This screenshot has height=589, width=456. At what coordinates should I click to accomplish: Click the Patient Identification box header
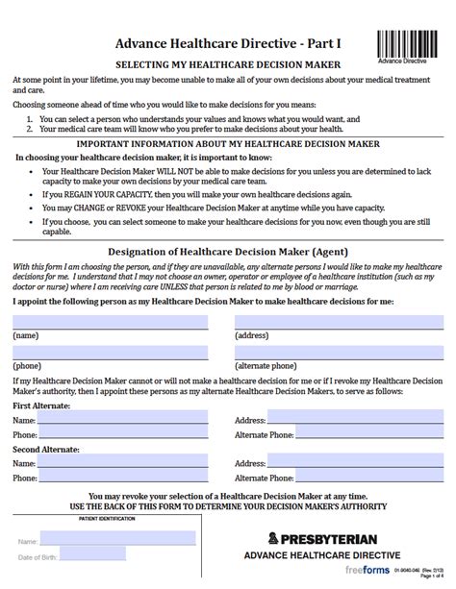pos(88,519)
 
